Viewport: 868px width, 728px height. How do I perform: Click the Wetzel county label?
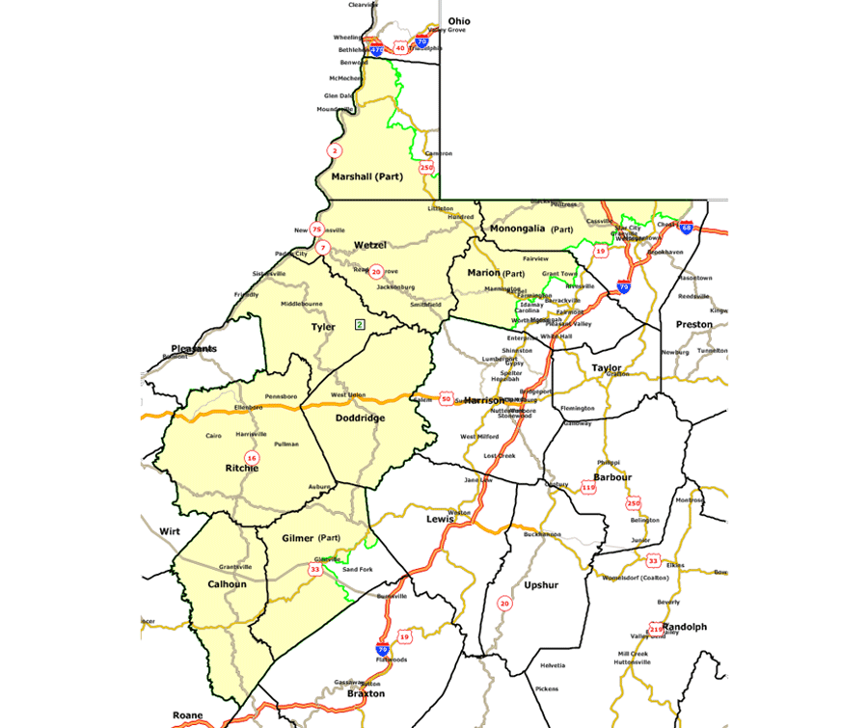tap(369, 245)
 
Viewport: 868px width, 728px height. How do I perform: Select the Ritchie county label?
tap(241, 469)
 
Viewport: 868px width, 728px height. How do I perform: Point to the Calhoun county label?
tap(228, 584)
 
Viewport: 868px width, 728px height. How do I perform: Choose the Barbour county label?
tap(612, 477)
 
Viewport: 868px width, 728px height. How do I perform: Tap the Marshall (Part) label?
tap(366, 177)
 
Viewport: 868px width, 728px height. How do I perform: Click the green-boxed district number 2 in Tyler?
tap(360, 324)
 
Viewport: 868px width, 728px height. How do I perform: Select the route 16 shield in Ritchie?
tap(252, 457)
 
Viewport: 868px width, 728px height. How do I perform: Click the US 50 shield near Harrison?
tap(446, 398)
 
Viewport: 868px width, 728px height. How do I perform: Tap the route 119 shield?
tap(588, 488)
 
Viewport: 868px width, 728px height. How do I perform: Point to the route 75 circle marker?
tap(317, 229)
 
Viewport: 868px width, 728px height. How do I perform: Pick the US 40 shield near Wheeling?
tap(399, 47)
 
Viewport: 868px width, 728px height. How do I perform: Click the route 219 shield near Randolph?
tap(656, 630)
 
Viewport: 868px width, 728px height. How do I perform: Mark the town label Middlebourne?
tap(301, 304)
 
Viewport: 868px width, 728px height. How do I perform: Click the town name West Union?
tap(348, 395)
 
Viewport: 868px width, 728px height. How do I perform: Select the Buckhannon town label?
tap(542, 533)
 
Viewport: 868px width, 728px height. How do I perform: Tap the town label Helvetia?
tap(553, 665)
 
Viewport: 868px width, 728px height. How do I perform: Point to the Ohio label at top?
tap(459, 21)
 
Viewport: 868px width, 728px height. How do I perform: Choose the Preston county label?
tap(693, 324)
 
